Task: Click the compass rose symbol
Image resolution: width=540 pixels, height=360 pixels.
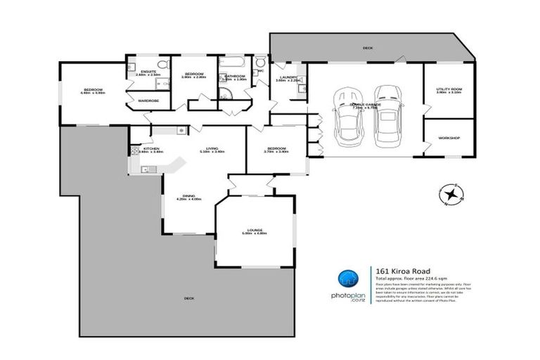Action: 451,193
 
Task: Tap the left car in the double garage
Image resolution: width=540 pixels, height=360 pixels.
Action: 348,115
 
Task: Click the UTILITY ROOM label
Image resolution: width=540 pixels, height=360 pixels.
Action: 447,90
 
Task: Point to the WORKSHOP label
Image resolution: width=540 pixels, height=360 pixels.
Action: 448,138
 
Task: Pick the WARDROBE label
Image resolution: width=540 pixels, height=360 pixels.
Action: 148,101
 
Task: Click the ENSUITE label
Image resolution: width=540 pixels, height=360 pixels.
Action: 148,71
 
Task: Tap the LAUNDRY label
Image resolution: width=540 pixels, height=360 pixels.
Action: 288,77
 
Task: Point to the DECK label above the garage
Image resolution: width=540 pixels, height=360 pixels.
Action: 367,49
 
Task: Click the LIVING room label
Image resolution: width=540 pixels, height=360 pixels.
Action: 211,148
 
